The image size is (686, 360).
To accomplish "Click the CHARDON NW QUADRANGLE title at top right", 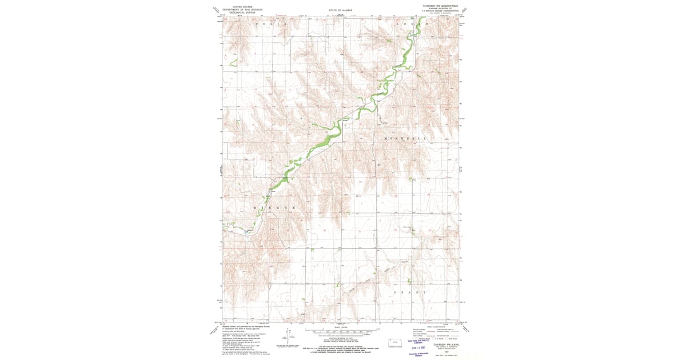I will pos(440,6).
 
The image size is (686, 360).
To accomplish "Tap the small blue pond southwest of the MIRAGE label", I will pos(247,231).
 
